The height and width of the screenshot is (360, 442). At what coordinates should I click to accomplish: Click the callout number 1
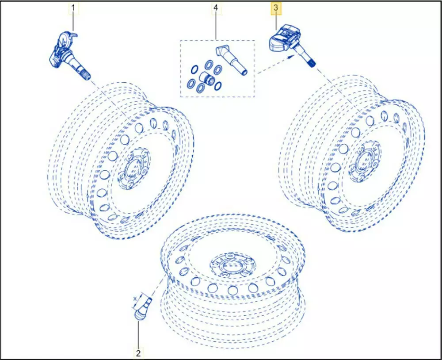(x=73, y=8)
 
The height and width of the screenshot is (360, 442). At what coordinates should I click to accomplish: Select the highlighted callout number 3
(x=276, y=8)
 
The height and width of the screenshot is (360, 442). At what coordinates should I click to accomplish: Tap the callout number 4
(x=216, y=8)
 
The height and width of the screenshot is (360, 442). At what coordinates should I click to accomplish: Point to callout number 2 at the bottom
(x=138, y=352)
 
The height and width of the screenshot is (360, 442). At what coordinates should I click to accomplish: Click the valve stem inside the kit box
(x=231, y=60)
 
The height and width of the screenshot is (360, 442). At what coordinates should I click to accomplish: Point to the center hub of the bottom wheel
(x=233, y=265)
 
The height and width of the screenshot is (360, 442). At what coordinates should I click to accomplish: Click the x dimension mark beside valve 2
(x=135, y=299)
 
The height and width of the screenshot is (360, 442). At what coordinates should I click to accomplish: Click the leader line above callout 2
(x=138, y=335)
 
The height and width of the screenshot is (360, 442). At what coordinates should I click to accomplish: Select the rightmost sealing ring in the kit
(x=217, y=85)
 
